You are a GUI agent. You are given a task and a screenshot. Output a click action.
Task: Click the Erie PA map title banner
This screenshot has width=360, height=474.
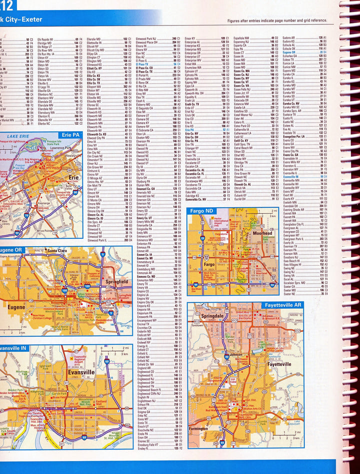(70, 135)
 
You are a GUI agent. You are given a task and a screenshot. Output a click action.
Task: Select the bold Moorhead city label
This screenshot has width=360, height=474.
(262, 234)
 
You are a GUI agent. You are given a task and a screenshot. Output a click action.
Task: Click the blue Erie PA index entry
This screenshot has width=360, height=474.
(190, 130)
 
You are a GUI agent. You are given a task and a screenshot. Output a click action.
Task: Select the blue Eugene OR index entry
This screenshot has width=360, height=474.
(289, 52)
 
